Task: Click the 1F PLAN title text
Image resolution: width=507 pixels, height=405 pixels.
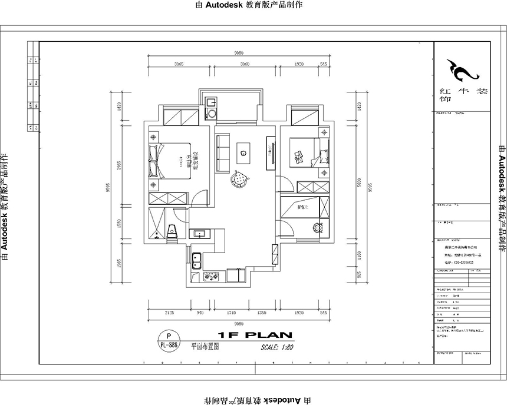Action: [255, 336]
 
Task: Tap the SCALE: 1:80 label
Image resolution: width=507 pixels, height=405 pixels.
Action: [276, 347]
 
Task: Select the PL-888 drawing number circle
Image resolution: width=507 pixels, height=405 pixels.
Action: [169, 341]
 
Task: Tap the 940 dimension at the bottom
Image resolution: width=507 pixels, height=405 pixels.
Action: [199, 314]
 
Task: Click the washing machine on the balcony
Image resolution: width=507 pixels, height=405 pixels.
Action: [210, 112]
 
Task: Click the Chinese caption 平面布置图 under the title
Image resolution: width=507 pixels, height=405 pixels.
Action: [205, 347]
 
